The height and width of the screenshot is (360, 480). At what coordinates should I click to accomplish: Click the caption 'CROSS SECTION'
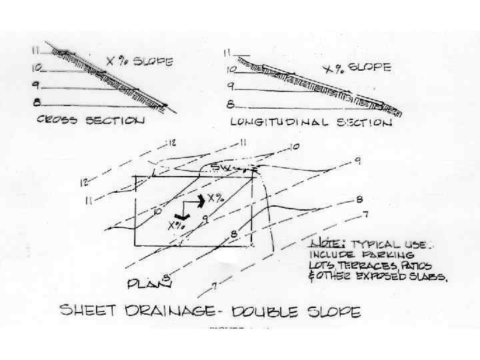(x=91, y=121)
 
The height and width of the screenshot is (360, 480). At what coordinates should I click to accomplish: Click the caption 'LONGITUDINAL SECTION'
(x=311, y=123)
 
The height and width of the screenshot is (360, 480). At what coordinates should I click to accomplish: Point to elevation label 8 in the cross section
(x=35, y=101)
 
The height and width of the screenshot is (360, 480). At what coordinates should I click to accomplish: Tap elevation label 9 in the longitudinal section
(x=230, y=86)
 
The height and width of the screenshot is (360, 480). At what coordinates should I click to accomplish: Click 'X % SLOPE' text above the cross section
(x=140, y=62)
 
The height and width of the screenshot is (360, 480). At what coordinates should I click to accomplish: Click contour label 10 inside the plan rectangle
(x=157, y=211)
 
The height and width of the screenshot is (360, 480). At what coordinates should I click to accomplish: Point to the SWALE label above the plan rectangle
(x=223, y=167)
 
